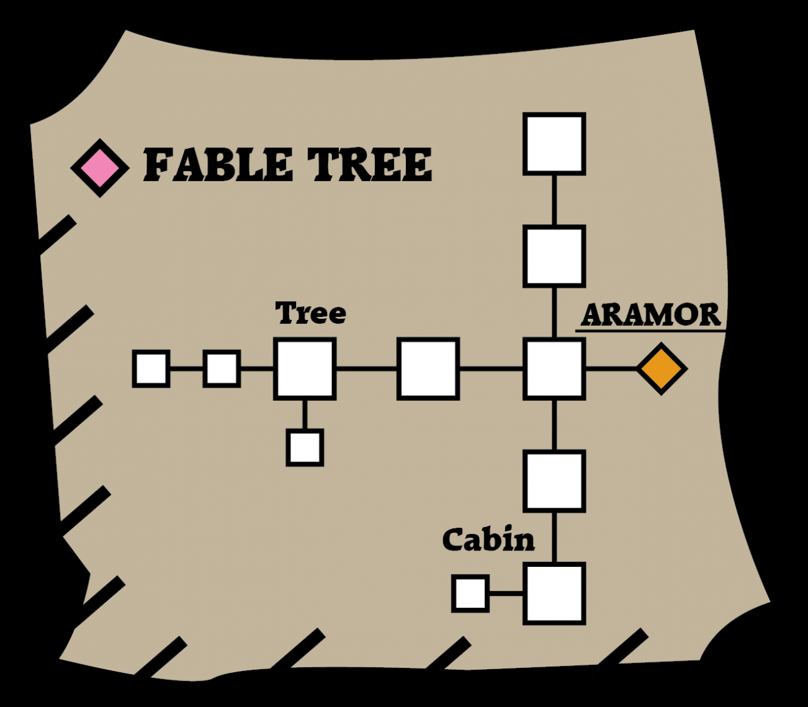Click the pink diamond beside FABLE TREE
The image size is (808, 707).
pyautogui.click(x=100, y=168)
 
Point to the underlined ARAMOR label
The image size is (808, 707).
pyautogui.click(x=651, y=315)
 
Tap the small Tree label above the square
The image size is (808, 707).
pyautogui.click(x=311, y=313)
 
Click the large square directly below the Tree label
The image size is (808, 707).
pyautogui.click(x=305, y=369)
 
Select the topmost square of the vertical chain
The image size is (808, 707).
pyautogui.click(x=554, y=144)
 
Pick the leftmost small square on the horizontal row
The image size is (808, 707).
pyautogui.click(x=151, y=369)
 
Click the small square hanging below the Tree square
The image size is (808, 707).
pyautogui.click(x=305, y=448)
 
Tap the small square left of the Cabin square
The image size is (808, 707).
pyautogui.click(x=470, y=593)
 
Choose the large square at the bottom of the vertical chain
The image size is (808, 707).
pyautogui.click(x=554, y=593)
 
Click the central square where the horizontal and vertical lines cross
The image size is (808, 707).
pyautogui.click(x=554, y=369)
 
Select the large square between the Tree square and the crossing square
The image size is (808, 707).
pyautogui.click(x=429, y=369)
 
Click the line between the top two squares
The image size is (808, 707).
pyautogui.click(x=554, y=200)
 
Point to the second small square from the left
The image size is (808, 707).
pyautogui.click(x=222, y=369)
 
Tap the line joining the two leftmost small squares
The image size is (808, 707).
pyautogui.click(x=186, y=369)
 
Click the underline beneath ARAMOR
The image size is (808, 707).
pyautogui.click(x=650, y=331)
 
